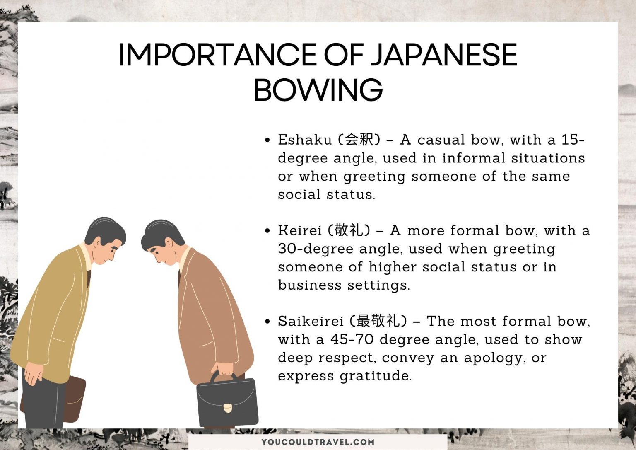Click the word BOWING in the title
[x=318, y=90]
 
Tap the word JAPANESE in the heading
[x=443, y=55]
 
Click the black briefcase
[x=227, y=400]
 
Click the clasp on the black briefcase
[x=228, y=408]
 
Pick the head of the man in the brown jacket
[x=162, y=242]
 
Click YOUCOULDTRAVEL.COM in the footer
[x=318, y=442]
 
